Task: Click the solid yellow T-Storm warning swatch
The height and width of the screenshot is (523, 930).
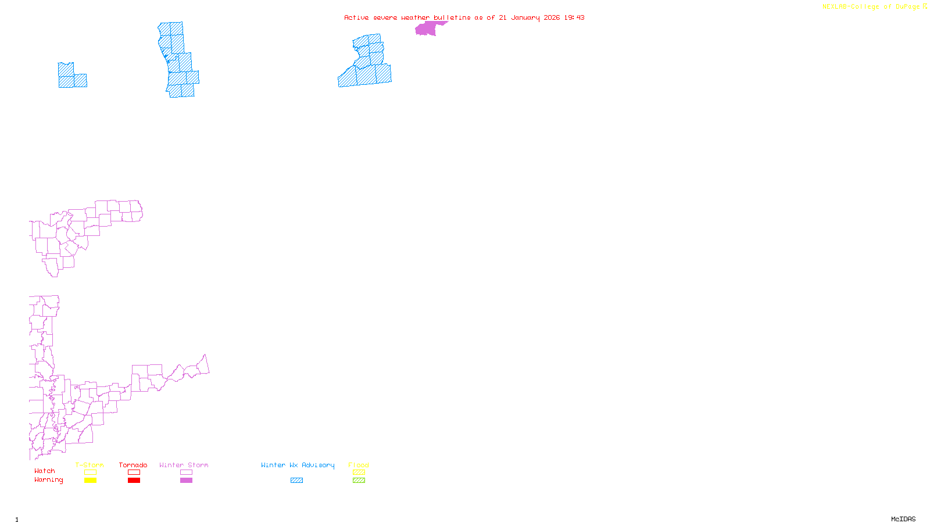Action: coord(90,481)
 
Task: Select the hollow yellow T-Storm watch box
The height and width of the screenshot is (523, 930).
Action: coord(90,472)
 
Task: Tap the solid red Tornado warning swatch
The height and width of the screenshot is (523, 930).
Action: coord(134,481)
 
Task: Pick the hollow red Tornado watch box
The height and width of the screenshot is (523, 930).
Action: coord(134,472)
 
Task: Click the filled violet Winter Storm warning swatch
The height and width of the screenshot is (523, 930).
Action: coord(186,481)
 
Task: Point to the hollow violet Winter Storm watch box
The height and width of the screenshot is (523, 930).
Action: coord(186,472)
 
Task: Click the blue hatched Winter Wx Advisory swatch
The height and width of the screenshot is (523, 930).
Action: coord(296,481)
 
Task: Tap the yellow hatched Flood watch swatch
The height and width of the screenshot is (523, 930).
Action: coord(359,472)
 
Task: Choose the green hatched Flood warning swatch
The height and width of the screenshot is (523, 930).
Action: coord(359,481)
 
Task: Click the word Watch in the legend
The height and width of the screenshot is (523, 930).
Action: coord(45,471)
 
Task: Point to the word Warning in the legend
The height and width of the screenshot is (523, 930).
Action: coord(48,480)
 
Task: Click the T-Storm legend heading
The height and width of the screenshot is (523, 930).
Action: coord(90,465)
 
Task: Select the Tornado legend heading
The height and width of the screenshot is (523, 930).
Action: coord(133,465)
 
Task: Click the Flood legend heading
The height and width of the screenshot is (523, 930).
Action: coord(359,465)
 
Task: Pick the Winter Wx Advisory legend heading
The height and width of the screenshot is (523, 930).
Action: coord(298,465)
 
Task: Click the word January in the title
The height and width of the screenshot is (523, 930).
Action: coord(525,17)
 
